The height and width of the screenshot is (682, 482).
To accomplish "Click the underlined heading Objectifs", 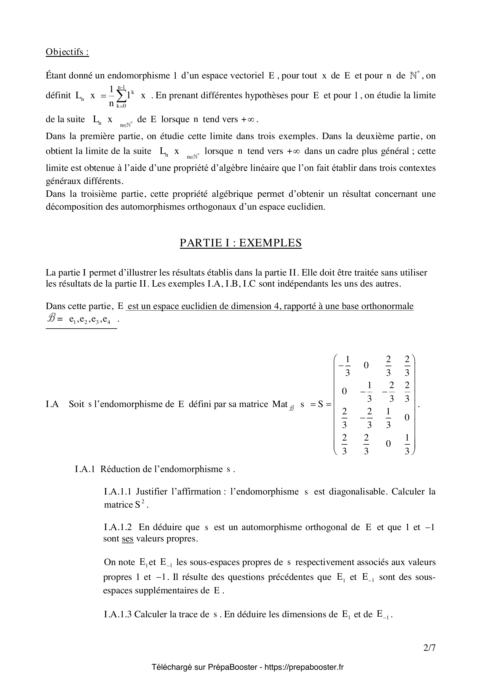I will pyautogui.click(x=67, y=52).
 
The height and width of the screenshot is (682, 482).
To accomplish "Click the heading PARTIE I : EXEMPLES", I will pyautogui.click(x=241, y=243).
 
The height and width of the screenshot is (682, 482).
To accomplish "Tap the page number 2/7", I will pyautogui.click(x=429, y=648).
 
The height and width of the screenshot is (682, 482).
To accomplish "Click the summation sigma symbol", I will pyautogui.click(x=122, y=95).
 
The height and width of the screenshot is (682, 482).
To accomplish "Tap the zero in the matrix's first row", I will pyautogui.click(x=366, y=365).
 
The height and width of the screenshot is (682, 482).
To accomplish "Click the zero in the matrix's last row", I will pyautogui.click(x=388, y=443).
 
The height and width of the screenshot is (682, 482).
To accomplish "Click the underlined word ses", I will pyautogui.click(x=128, y=539).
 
